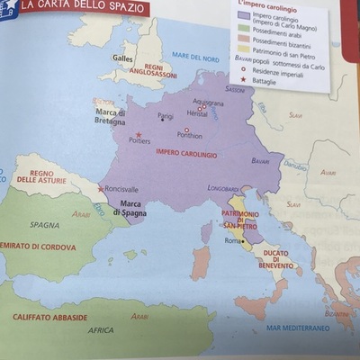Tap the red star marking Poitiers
pos(139,134)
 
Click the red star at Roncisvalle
pos(100,189)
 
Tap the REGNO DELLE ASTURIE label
pos(38,176)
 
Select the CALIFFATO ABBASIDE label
pos(50,318)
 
